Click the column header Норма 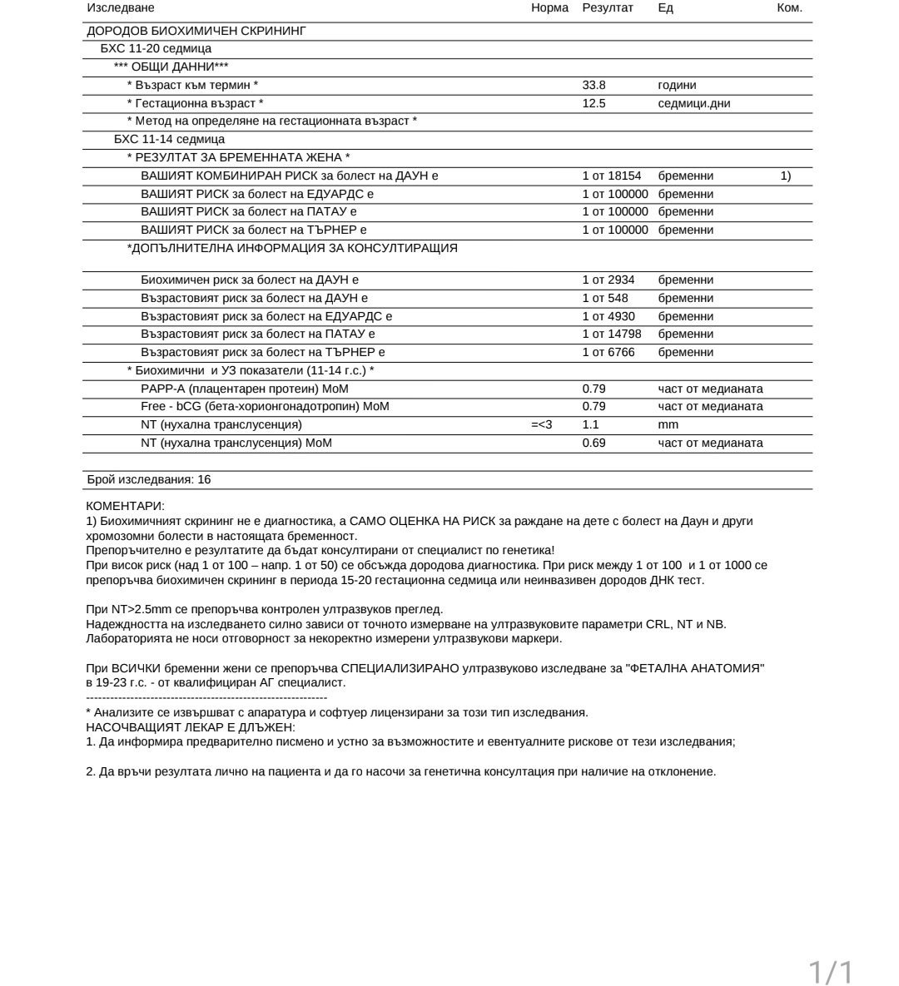549,7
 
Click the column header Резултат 608,7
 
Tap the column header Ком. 789,7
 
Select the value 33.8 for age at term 594,85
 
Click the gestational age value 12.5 594,103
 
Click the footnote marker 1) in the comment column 786,176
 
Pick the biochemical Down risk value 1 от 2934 608,280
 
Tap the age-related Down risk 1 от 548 605,298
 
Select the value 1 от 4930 608,316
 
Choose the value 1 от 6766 608,352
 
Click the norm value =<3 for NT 542,424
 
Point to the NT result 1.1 591,424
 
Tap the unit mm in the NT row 668,424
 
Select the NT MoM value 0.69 594,443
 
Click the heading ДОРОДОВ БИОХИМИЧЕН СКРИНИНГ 196,31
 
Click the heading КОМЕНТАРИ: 126,506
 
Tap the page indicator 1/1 831,971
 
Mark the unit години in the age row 677,85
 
